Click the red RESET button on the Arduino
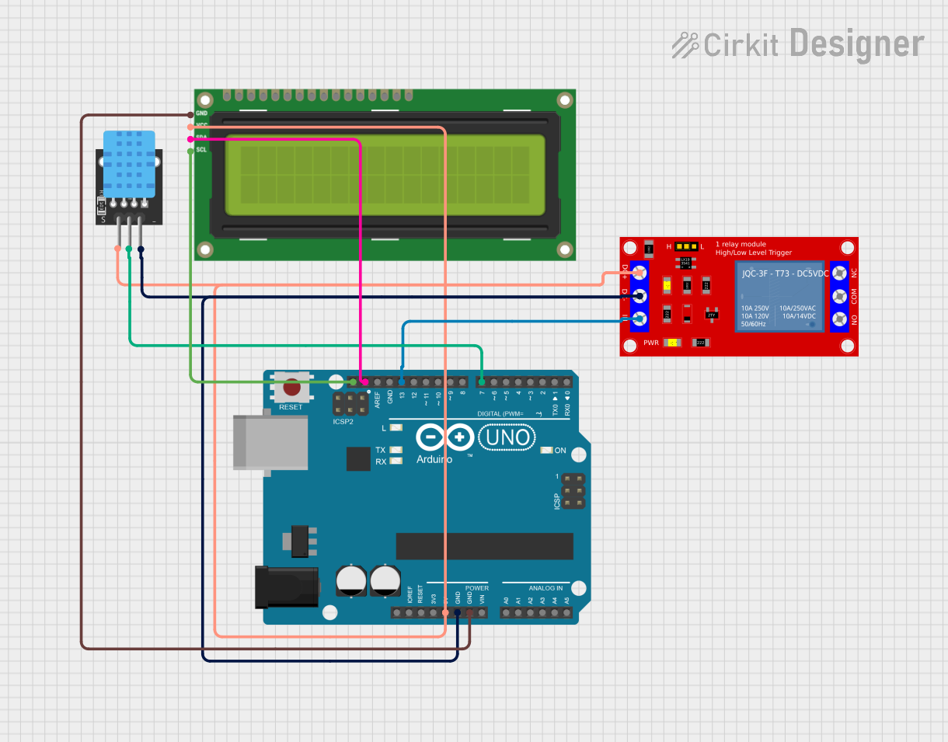tap(291, 387)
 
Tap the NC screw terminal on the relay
tap(839, 273)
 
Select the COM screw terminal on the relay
tap(839, 296)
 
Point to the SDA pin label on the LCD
tap(201, 138)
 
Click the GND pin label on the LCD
tap(201, 113)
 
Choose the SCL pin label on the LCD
tap(201, 150)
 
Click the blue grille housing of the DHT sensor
tap(129, 161)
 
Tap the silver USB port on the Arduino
tap(270, 442)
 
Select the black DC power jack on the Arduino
tap(287, 587)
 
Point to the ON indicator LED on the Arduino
tap(547, 451)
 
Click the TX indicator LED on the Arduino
tap(396, 450)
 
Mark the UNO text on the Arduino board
tap(508, 438)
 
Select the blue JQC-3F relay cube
tap(779, 295)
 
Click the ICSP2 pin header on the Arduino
tap(350, 404)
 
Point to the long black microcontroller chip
tap(484, 546)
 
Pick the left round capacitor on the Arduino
tap(351, 581)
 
